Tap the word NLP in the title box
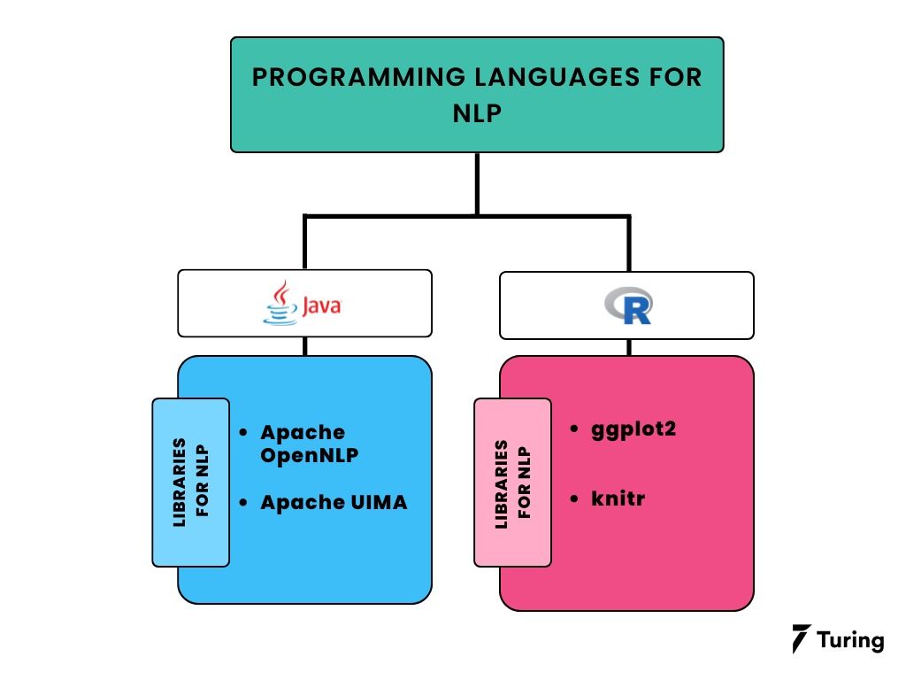click(x=477, y=113)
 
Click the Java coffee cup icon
click(x=281, y=304)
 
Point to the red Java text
click(x=322, y=306)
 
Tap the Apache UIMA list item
click(x=334, y=502)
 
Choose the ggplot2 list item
click(x=633, y=429)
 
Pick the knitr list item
click(x=618, y=498)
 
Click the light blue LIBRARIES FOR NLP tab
click(x=191, y=483)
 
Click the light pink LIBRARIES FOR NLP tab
click(x=513, y=483)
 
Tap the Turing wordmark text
click(x=850, y=639)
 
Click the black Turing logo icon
click(x=802, y=639)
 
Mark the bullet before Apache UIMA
click(x=243, y=502)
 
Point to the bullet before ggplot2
click(x=575, y=429)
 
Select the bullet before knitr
click(x=575, y=498)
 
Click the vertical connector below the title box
click(x=477, y=183)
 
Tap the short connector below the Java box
click(x=305, y=346)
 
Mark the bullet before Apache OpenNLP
click(x=243, y=433)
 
